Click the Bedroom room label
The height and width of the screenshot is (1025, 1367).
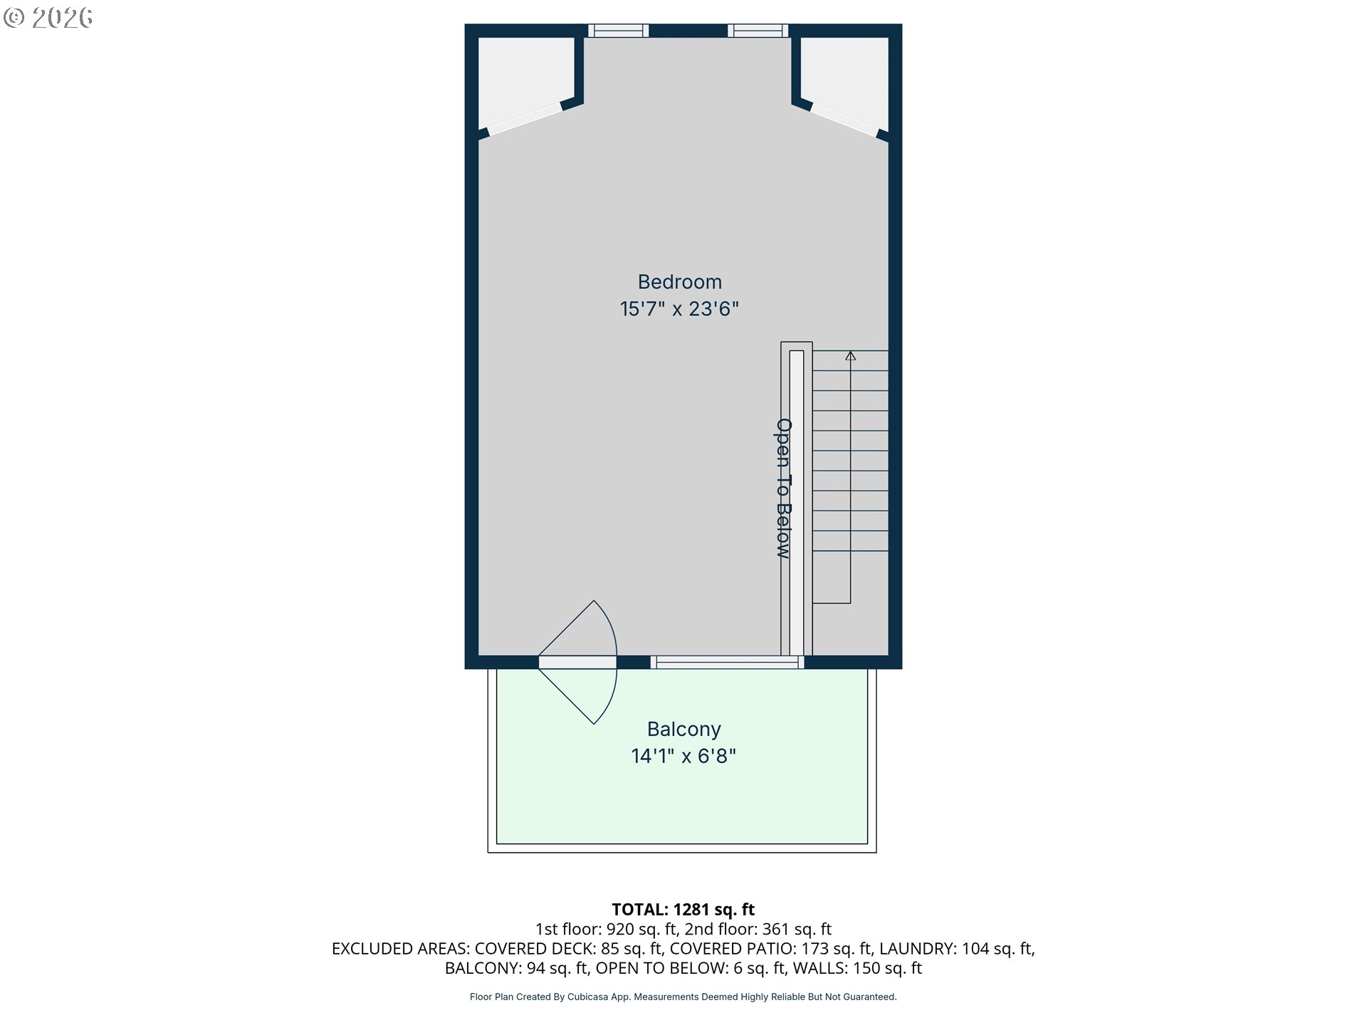[680, 282]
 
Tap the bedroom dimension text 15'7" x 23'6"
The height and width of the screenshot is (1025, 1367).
[680, 309]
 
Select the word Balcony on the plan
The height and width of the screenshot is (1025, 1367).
[684, 730]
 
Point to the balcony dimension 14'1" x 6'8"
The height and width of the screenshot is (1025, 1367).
[683, 756]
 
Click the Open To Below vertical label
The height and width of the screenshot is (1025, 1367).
[784, 488]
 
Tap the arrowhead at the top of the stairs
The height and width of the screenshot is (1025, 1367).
[850, 356]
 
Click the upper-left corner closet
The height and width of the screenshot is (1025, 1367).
[525, 78]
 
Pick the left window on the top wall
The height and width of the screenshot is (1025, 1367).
[619, 31]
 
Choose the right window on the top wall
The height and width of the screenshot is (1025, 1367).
[758, 31]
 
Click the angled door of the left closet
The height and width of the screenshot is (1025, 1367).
[525, 120]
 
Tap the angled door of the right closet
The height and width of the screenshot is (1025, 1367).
[844, 120]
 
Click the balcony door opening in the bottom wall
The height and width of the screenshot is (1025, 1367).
[577, 663]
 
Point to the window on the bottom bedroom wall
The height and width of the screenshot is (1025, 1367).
[728, 663]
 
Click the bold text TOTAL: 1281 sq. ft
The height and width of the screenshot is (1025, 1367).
[683, 910]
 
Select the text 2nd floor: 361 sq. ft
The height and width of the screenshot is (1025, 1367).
[758, 929]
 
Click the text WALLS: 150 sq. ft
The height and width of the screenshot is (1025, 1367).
[858, 968]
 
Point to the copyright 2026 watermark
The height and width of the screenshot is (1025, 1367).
[48, 18]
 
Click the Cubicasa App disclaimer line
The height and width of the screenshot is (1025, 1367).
[683, 997]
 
